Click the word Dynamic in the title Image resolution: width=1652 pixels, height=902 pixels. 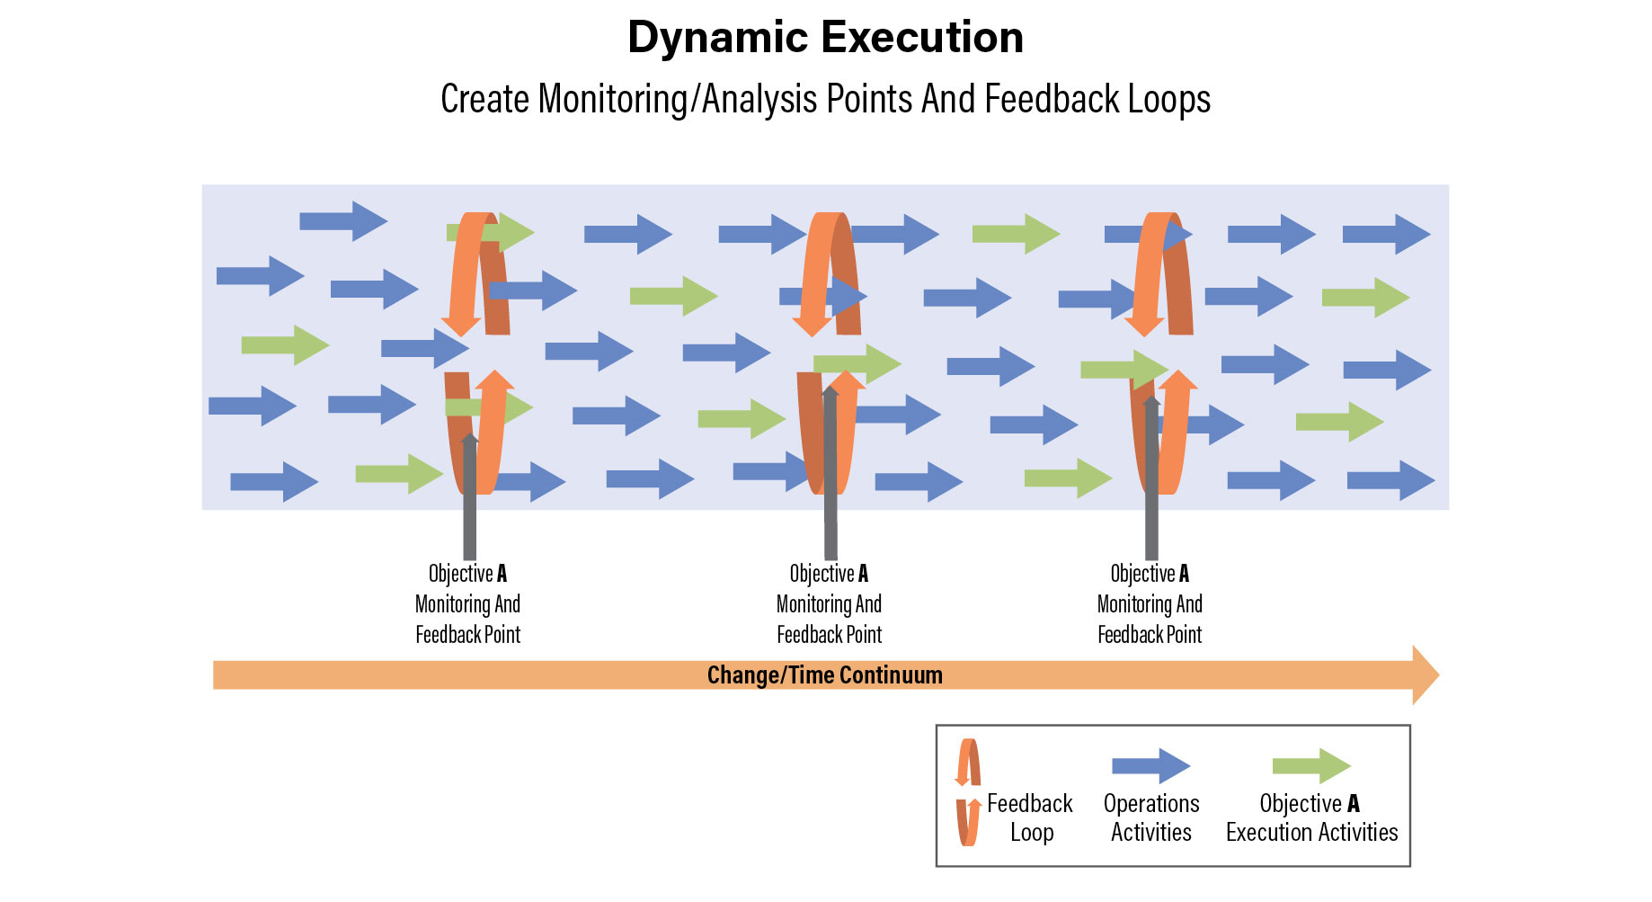pos(717,38)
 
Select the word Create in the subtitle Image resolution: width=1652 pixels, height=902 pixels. pos(484,99)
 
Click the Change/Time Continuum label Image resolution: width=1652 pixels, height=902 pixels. pos(824,675)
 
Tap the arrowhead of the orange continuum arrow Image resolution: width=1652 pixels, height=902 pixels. pos(1425,674)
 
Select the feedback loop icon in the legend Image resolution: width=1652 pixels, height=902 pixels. pos(968,792)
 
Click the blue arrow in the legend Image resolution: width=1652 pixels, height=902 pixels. pos(1150,766)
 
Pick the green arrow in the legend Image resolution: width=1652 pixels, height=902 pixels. pos(1311,766)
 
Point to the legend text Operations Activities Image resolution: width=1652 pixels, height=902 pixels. pos(1151,817)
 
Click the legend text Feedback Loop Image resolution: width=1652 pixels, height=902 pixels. pos(1030,817)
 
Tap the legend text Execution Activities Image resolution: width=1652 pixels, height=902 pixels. pos(1311,833)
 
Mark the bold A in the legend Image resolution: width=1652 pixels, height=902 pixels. pos(1354,804)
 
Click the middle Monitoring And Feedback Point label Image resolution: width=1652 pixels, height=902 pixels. pos(829,604)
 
